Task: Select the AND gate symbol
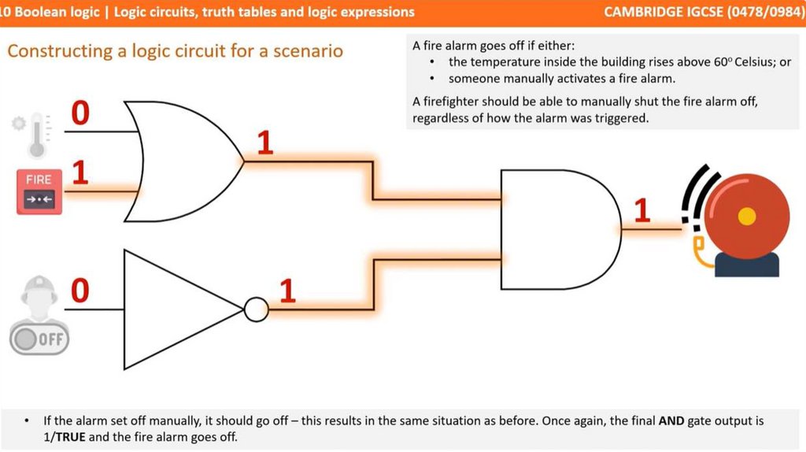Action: click(555, 229)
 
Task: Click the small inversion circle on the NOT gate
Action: click(256, 309)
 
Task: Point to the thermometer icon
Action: click(34, 135)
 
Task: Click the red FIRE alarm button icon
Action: click(39, 190)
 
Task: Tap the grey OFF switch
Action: click(39, 339)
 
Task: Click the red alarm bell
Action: click(744, 217)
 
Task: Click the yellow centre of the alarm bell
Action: click(747, 215)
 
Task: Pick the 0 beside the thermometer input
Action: click(80, 113)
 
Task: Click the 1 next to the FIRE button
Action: click(79, 173)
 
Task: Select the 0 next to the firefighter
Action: click(80, 291)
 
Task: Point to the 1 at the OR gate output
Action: click(264, 143)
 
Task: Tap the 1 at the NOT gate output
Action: click(287, 291)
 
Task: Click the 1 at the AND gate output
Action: click(642, 210)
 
